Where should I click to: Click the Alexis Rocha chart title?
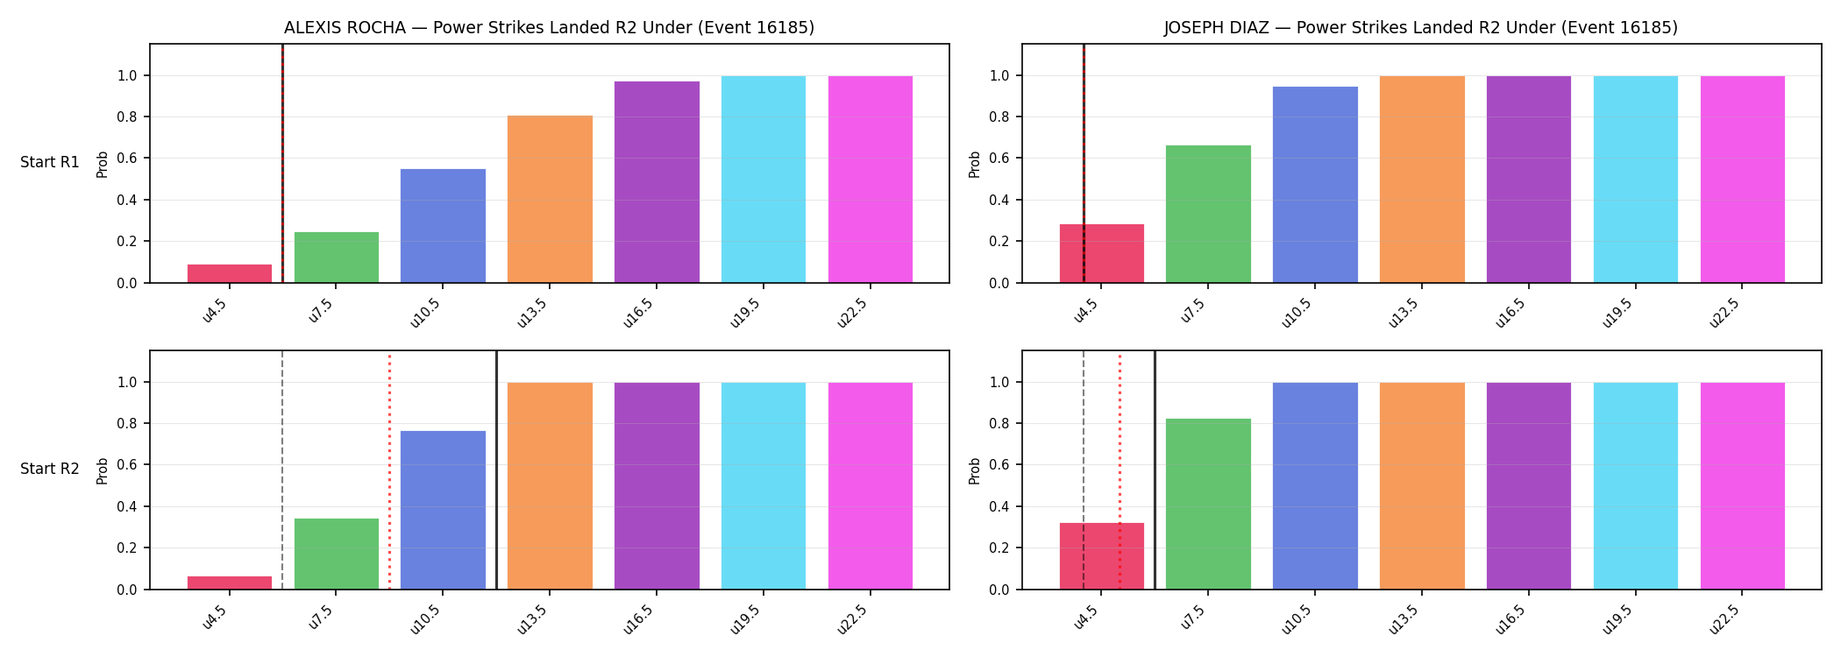coord(549,28)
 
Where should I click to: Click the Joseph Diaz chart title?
coord(1421,28)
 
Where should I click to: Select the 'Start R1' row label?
coord(50,162)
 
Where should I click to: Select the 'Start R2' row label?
coord(50,469)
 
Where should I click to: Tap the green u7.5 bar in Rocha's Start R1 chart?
coord(337,258)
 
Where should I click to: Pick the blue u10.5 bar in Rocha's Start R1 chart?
coord(443,226)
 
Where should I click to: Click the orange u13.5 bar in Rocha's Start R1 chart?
coord(550,199)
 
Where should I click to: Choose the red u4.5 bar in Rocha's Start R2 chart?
coord(230,583)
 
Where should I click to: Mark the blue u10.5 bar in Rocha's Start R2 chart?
coord(443,510)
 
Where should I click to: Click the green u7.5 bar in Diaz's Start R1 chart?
coord(1208,214)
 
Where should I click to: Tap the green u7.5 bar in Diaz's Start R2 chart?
coord(1208,504)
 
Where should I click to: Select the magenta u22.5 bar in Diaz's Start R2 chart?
coord(1743,486)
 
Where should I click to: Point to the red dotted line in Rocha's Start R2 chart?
coord(389,470)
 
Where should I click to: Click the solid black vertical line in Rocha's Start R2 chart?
coord(496,470)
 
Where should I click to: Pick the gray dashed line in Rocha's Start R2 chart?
coord(282,470)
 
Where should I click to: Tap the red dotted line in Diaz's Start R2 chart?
coord(1120,470)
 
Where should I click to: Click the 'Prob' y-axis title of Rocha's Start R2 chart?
coord(103,470)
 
